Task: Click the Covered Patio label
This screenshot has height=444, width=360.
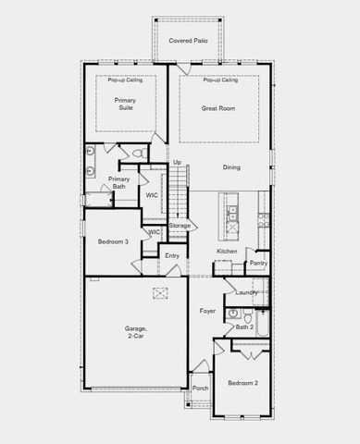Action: pyautogui.click(x=188, y=42)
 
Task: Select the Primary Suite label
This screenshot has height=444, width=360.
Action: pyautogui.click(x=125, y=104)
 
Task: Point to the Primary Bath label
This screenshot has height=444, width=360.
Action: pyautogui.click(x=118, y=182)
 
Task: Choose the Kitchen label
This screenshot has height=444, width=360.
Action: pyautogui.click(x=228, y=252)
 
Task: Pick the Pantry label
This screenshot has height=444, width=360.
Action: pyautogui.click(x=259, y=264)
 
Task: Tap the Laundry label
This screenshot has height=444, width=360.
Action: pyautogui.click(x=246, y=293)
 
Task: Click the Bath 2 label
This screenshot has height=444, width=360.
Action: pyautogui.click(x=244, y=327)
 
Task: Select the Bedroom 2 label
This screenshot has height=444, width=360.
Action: pyautogui.click(x=243, y=382)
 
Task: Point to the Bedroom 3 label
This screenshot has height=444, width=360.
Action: pyautogui.click(x=113, y=242)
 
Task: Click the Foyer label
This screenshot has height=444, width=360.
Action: pyautogui.click(x=208, y=311)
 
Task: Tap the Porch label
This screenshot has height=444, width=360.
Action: pyautogui.click(x=200, y=388)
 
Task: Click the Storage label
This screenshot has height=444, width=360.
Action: pyautogui.click(x=180, y=226)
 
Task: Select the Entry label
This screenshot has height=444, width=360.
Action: pyautogui.click(x=172, y=256)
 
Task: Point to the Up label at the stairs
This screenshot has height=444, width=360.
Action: pyautogui.click(x=177, y=163)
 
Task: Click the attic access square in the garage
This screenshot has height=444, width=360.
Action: pyautogui.click(x=159, y=293)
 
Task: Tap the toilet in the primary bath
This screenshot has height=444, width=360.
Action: pyautogui.click(x=138, y=153)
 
